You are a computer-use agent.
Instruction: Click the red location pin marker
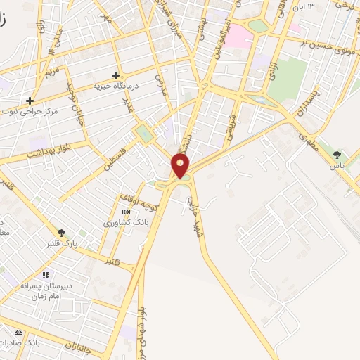tap(181, 166)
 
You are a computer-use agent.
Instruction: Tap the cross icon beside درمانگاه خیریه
tap(116, 75)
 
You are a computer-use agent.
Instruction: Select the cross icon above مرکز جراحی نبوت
tap(30, 101)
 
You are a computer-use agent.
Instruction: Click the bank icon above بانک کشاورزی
tap(126, 212)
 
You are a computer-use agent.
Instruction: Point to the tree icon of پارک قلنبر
tap(62, 232)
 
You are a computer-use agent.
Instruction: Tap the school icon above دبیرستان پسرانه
tap(46, 275)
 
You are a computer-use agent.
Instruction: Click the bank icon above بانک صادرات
tap(19, 332)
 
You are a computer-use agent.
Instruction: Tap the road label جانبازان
tap(79, 345)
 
